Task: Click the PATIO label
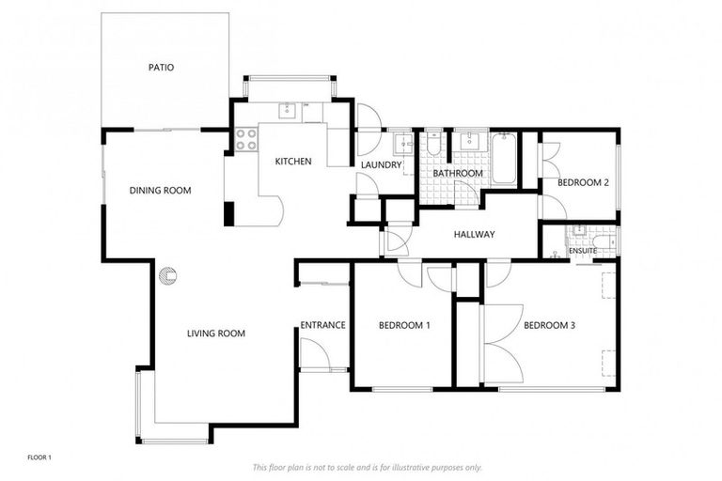pyautogui.click(x=161, y=68)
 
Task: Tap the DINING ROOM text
pyautogui.click(x=160, y=191)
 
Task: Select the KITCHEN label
pyautogui.click(x=292, y=162)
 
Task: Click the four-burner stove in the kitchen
pyautogui.click(x=245, y=140)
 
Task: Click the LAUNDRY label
pyautogui.click(x=382, y=165)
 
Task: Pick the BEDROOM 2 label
pyautogui.click(x=583, y=183)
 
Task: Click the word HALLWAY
pyautogui.click(x=474, y=235)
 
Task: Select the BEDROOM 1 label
pyautogui.click(x=404, y=326)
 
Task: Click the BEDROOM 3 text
pyautogui.click(x=549, y=326)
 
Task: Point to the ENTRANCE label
pyautogui.click(x=322, y=326)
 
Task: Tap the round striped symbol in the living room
pyautogui.click(x=167, y=275)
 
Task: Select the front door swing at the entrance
pyautogui.click(x=313, y=354)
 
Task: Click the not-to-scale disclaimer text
pyautogui.click(x=367, y=467)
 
